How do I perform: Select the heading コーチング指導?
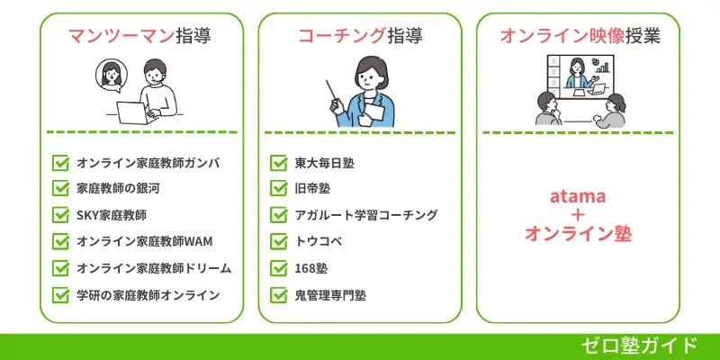[x=360, y=37]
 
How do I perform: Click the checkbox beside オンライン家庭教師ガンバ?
[x=61, y=164]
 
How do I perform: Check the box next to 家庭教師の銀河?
[x=61, y=190]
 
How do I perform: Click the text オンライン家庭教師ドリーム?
[x=154, y=268]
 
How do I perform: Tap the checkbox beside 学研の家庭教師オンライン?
[x=61, y=294]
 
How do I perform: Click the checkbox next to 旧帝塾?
[x=279, y=190]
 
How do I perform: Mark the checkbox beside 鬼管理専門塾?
[x=279, y=294]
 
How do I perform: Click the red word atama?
[x=577, y=195]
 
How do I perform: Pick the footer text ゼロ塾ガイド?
[x=640, y=346]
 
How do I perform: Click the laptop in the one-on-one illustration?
[x=136, y=111]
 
